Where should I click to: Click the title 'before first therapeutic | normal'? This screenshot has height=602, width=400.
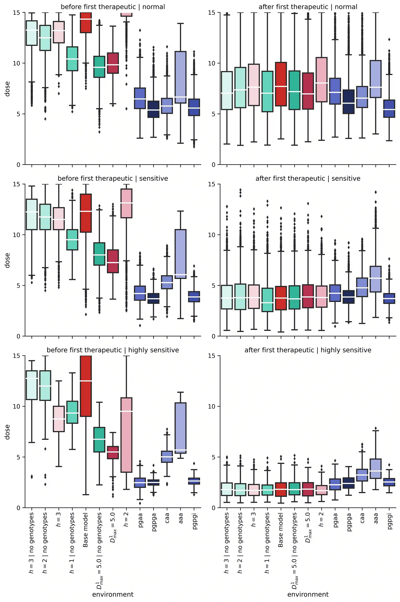[113, 7]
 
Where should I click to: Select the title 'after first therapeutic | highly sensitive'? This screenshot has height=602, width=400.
[308, 350]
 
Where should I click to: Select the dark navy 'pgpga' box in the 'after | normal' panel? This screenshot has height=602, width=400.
[348, 102]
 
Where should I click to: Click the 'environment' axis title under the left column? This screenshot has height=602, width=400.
[113, 594]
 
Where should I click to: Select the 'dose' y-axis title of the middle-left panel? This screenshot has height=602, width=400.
[7, 260]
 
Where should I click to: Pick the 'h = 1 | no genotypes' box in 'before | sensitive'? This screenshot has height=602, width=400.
[72, 240]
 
